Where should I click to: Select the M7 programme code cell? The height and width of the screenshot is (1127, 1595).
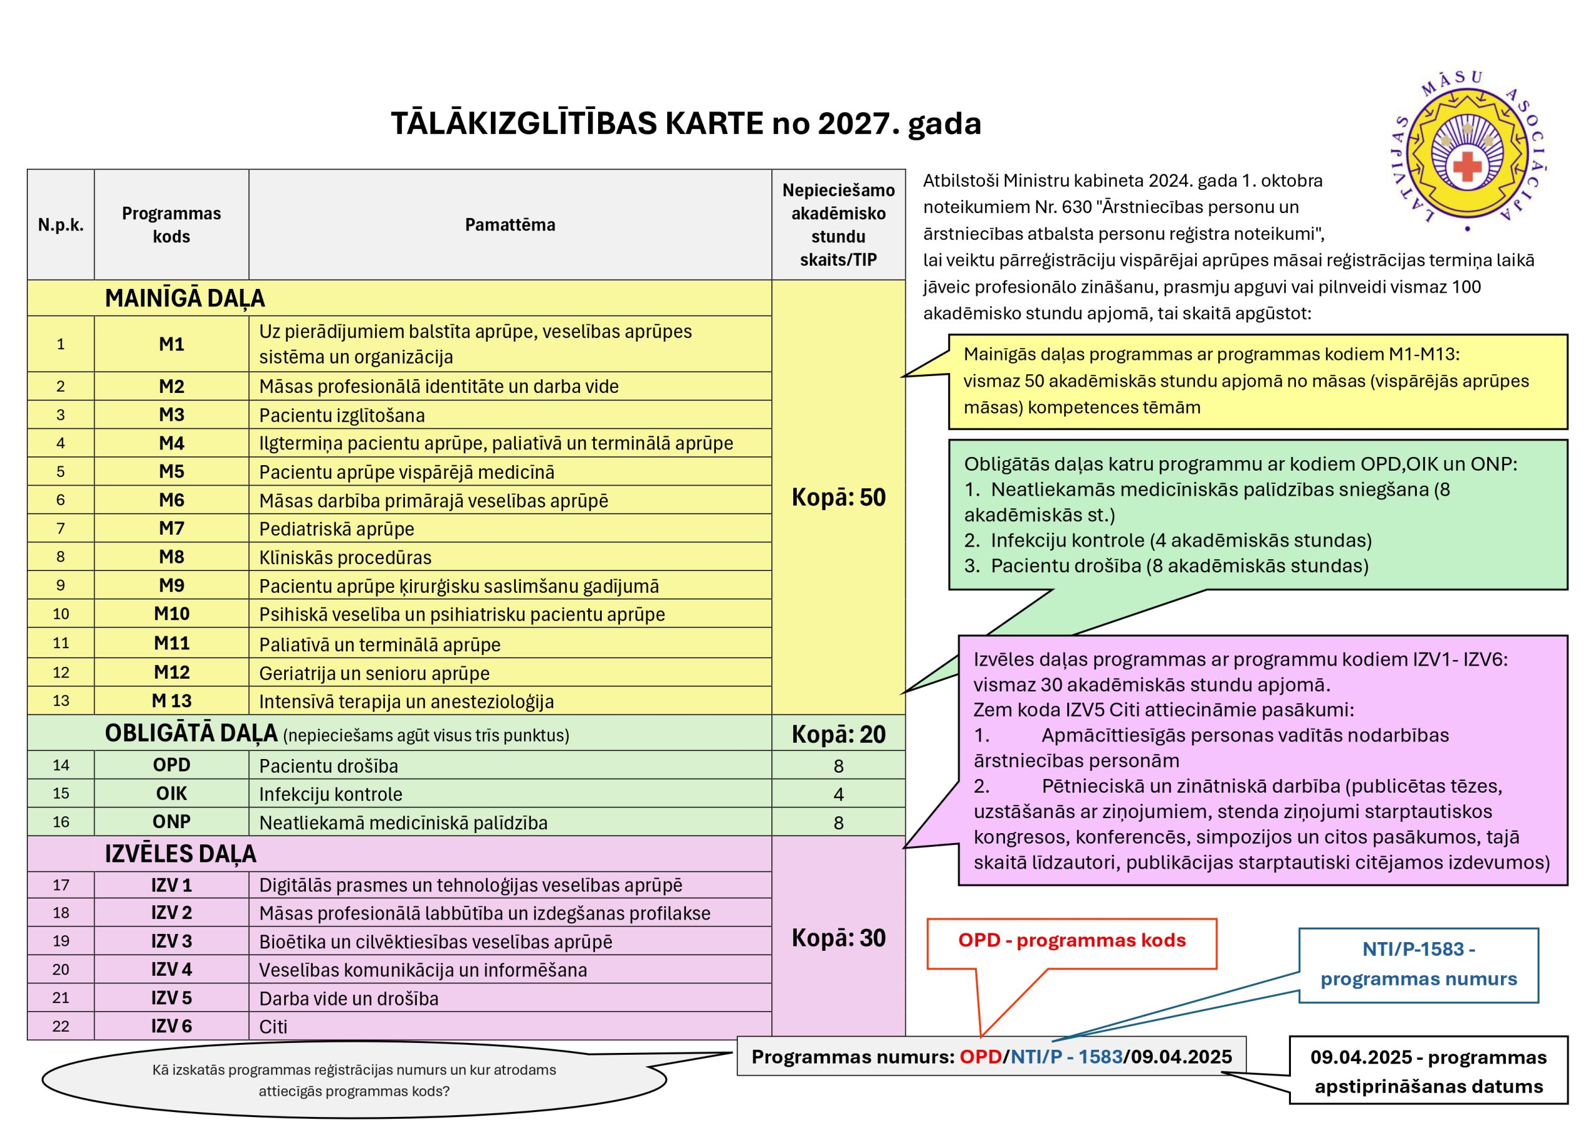click(x=171, y=529)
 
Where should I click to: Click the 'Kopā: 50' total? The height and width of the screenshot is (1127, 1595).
click(x=839, y=497)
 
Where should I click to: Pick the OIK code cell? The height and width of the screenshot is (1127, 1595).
click(x=171, y=794)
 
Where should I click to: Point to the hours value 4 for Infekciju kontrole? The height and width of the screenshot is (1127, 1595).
click(x=839, y=795)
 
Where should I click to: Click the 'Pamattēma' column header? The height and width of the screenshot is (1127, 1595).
click(x=510, y=225)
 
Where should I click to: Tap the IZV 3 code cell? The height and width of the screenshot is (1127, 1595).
click(x=171, y=941)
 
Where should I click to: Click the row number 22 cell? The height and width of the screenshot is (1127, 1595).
click(x=61, y=1026)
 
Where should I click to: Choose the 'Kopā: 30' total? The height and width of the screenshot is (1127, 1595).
click(x=839, y=938)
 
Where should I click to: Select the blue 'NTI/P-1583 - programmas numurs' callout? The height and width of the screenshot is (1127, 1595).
click(x=1419, y=964)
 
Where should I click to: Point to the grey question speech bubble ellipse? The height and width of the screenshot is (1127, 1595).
click(x=355, y=1080)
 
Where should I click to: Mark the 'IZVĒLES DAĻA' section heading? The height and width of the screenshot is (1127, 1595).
click(x=181, y=854)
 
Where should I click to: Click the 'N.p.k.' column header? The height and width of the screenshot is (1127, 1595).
click(x=61, y=225)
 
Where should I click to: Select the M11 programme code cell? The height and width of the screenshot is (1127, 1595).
click(x=171, y=643)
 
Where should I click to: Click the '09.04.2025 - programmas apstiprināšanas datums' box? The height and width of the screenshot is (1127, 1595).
click(x=1428, y=1071)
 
